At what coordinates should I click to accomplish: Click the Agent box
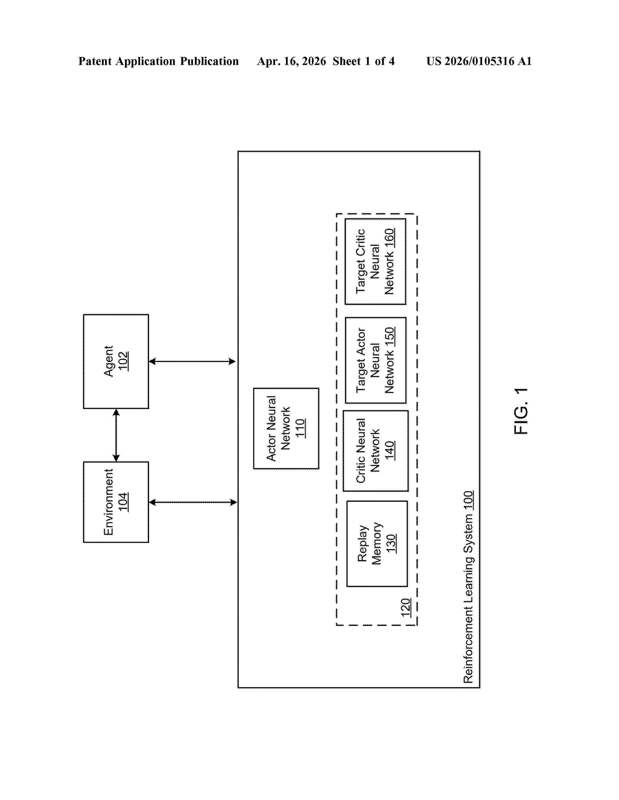pos(116,361)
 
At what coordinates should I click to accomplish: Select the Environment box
pos(116,502)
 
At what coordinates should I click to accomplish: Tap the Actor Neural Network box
pos(286,428)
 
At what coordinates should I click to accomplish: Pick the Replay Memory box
pos(377,544)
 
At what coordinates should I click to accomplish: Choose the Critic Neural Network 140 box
pos(376,451)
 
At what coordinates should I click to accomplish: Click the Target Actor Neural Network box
pos(376,360)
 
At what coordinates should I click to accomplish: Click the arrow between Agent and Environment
pos(116,435)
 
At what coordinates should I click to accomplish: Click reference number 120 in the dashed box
pos(406,607)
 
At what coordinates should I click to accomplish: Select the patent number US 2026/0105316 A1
pos(479,61)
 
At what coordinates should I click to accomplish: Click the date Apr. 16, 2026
pos(292,61)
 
